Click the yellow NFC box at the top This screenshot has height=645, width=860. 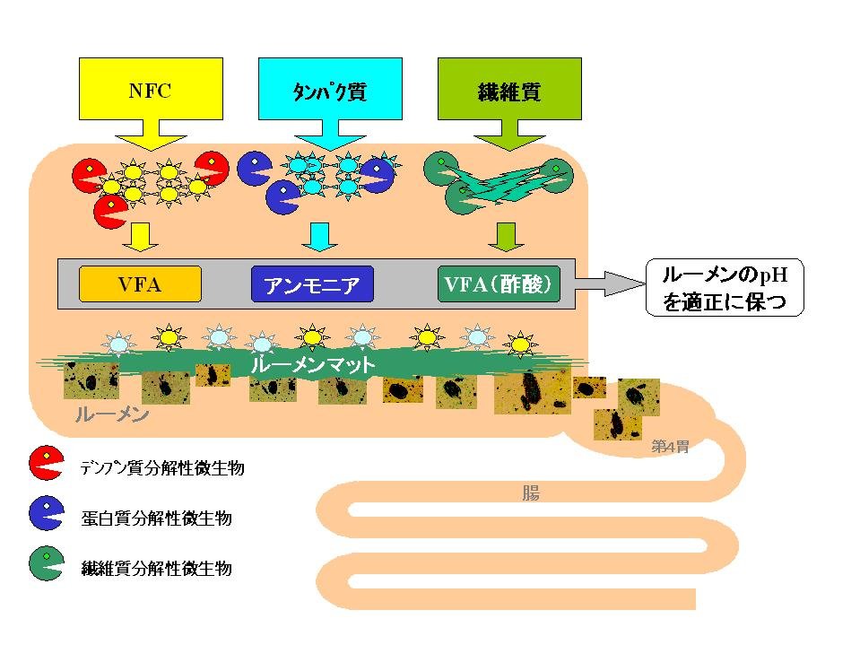click(151, 90)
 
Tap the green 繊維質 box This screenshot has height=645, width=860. click(508, 90)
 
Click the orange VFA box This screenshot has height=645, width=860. click(139, 283)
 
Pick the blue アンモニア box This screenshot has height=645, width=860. click(312, 284)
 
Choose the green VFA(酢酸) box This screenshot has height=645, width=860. click(499, 283)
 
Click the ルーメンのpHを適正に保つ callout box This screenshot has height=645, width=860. click(725, 287)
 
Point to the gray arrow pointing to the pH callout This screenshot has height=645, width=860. click(610, 283)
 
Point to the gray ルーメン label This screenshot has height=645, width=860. click(111, 415)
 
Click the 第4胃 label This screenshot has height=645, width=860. click(670, 446)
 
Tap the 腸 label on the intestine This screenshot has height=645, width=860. click(530, 492)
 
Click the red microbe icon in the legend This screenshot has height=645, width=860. click(45, 464)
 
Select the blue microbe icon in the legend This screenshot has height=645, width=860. click(45, 514)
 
